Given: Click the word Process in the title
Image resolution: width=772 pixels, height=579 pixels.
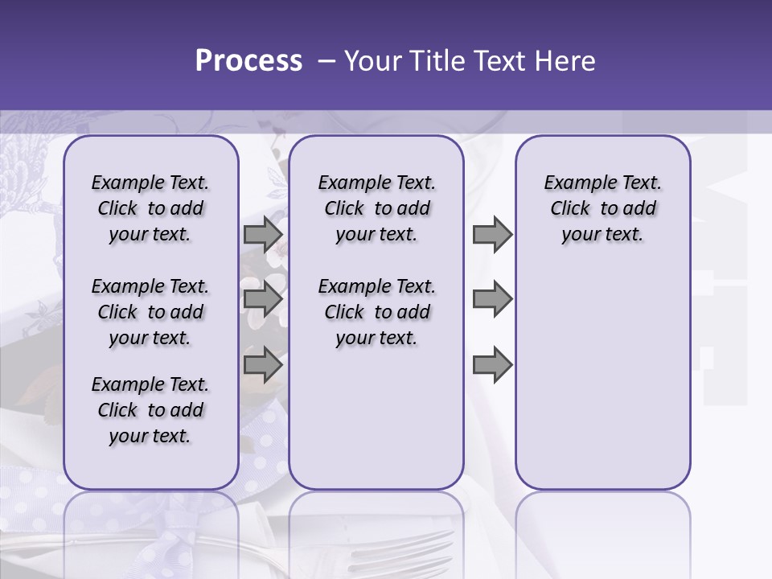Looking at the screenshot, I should coord(248,60).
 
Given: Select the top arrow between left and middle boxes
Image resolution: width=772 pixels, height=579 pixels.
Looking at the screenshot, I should coord(262,234).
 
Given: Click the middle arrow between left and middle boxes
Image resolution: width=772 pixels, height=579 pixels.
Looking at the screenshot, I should coord(262,299).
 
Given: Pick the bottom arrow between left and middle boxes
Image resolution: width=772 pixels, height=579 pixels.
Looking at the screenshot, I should coord(262,364).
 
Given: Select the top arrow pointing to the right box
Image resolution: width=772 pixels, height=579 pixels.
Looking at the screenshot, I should coord(492,234).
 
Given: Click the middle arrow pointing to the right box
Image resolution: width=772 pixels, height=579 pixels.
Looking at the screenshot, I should coord(492,299).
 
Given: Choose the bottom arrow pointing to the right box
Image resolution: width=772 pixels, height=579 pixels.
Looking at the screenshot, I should coord(492,364).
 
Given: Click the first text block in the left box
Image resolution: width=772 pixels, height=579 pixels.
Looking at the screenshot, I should coord(150,208).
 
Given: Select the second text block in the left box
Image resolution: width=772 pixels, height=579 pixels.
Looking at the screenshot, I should coord(150,312).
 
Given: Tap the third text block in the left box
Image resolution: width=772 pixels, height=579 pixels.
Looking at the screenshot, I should coord(150,410).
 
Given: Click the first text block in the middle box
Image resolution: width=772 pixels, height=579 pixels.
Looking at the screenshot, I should coord(376,208).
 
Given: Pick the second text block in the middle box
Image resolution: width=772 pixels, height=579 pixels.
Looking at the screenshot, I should coord(376,312).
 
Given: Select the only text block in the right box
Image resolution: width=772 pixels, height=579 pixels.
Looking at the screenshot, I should coord(602,208).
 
